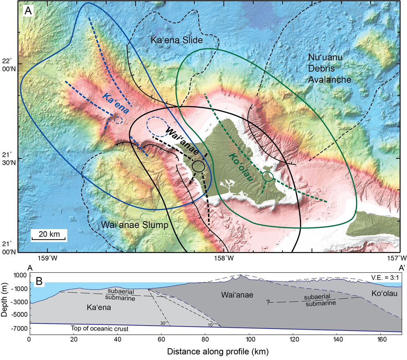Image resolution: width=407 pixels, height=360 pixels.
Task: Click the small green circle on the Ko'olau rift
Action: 268,176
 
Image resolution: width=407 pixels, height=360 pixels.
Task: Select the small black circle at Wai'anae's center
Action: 198,166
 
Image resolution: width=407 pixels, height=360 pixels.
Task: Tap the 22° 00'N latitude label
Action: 9,65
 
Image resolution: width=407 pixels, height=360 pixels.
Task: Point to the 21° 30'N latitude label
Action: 9,159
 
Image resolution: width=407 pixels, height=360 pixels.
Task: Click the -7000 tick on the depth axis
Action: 18,328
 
